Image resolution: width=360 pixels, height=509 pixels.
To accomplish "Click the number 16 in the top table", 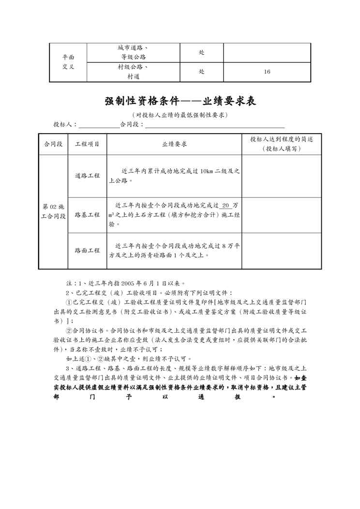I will coord(267,72).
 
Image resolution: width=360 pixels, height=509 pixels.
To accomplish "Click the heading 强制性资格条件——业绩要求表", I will coord(180,102).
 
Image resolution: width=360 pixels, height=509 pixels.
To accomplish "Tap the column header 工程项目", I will coord(88,144).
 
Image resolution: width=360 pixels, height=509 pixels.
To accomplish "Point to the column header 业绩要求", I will coord(174,144).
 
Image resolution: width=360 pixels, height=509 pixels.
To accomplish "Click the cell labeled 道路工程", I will coord(88,176).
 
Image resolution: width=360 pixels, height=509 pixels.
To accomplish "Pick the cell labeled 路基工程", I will coord(88,215).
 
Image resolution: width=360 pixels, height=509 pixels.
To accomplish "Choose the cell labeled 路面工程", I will coord(88,251).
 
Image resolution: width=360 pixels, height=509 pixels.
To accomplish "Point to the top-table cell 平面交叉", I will coord(68,62).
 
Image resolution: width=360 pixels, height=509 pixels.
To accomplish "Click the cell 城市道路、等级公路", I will coord(133,52).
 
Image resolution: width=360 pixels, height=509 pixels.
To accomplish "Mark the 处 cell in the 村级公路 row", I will coord(201,72).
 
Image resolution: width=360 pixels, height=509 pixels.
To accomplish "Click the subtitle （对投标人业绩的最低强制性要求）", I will coord(180,115).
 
